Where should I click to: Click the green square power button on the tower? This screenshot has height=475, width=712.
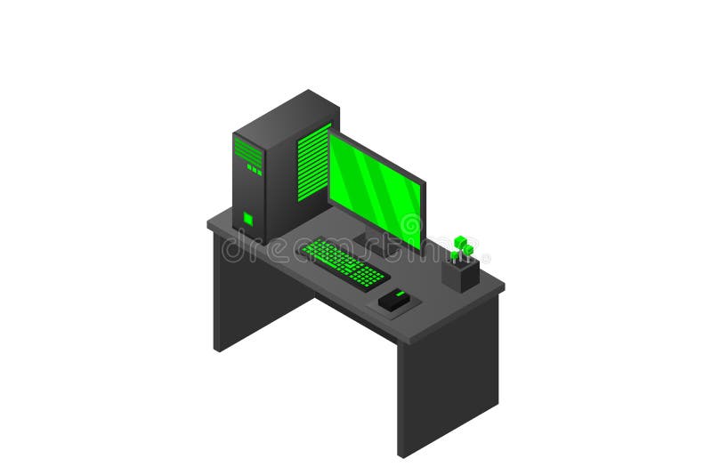[x=248, y=219]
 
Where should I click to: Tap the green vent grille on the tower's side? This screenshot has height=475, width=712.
[x=313, y=162]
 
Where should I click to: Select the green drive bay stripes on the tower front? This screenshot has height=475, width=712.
[x=248, y=153]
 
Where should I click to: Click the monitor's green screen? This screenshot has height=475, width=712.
[x=375, y=189]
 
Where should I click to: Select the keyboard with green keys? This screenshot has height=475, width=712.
[x=344, y=262]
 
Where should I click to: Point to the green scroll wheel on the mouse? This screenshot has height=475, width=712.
[x=400, y=293]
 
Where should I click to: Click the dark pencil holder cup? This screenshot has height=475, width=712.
[x=460, y=273]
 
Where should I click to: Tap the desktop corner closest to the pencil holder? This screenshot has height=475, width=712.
[x=503, y=286]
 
